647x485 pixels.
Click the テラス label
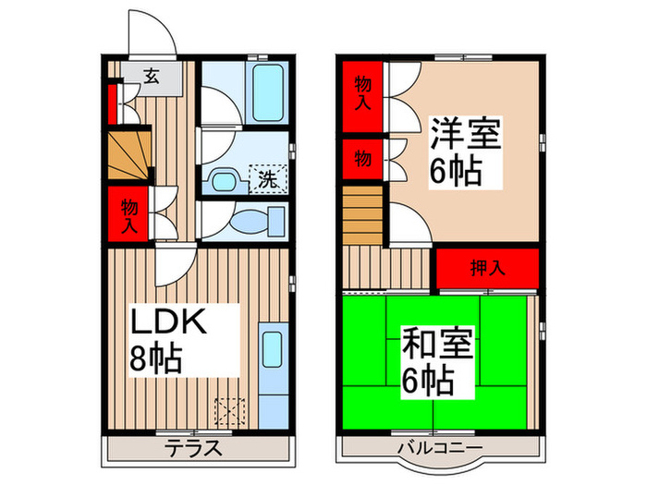(x=193, y=449)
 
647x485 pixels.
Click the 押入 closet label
(x=487, y=268)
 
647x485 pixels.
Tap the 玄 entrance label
(x=150, y=77)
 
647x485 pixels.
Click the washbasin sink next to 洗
(x=223, y=177)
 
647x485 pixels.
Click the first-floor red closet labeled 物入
(x=128, y=213)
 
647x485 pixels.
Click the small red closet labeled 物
(x=363, y=159)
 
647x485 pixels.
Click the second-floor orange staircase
(x=363, y=214)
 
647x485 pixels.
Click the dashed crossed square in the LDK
(x=227, y=409)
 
